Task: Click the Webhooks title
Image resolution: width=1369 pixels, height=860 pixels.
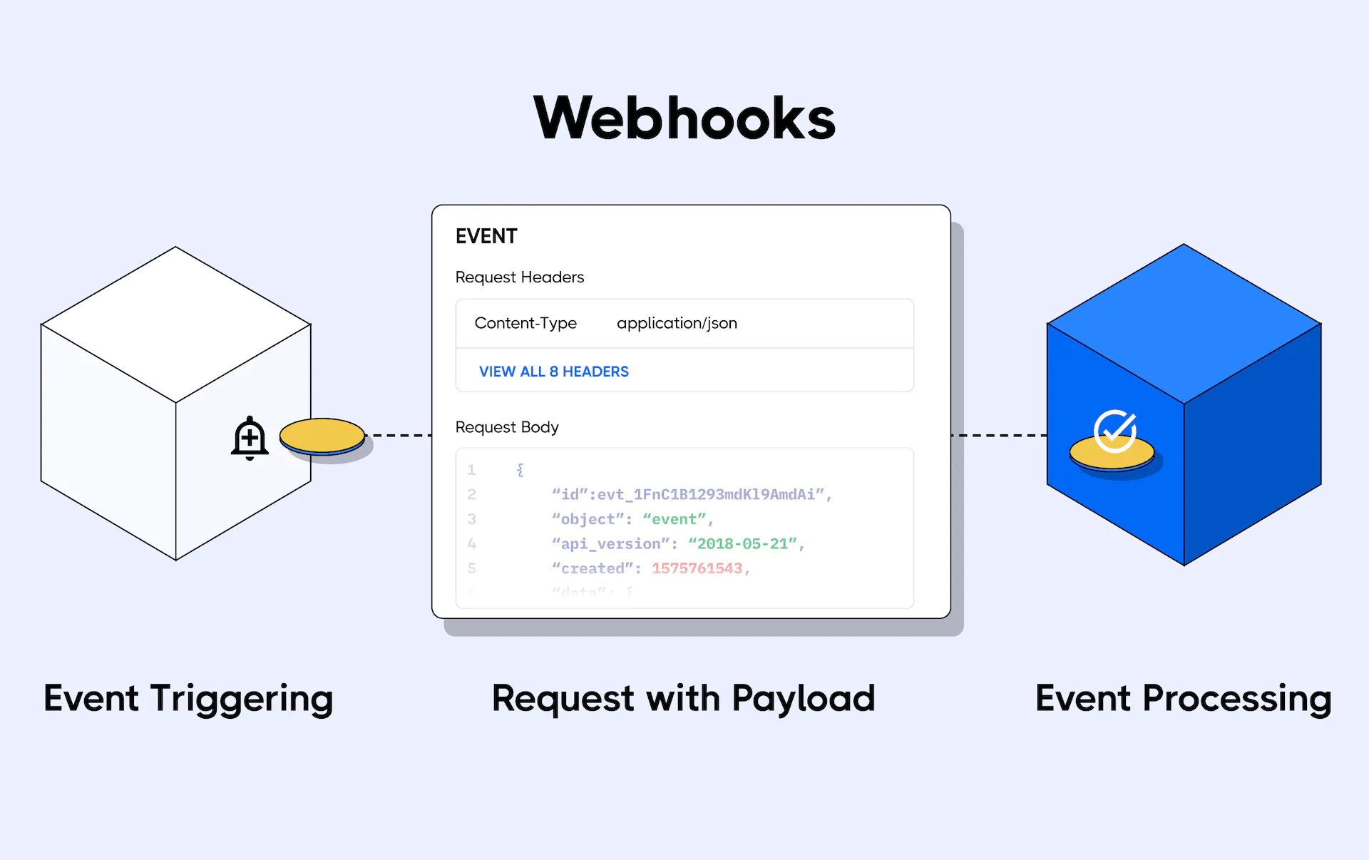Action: (x=684, y=118)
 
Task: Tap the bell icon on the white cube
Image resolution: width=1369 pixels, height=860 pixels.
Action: (x=250, y=438)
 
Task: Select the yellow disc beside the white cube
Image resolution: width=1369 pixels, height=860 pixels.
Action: (x=322, y=436)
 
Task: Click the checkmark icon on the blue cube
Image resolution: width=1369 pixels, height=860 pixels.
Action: (x=1115, y=431)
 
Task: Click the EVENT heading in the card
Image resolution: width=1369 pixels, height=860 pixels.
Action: (x=486, y=237)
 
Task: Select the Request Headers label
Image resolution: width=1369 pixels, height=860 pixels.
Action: (x=519, y=277)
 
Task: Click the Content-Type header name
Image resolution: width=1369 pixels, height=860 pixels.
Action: (x=525, y=324)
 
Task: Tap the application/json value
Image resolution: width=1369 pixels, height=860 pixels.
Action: (x=677, y=324)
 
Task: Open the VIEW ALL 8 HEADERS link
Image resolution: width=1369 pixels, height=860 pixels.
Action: (x=553, y=372)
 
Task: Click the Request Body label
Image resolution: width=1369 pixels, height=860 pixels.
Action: (x=507, y=427)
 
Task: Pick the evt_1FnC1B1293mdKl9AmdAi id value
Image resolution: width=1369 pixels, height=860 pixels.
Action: (x=706, y=495)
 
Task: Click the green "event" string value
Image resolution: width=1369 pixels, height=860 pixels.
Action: (x=674, y=520)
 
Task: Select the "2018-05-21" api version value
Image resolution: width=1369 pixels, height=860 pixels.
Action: (x=742, y=544)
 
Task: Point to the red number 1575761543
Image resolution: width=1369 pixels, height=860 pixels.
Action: (x=697, y=568)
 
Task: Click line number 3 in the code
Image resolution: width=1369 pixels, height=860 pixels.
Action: (x=471, y=520)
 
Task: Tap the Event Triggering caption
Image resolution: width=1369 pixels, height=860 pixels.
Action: (x=188, y=699)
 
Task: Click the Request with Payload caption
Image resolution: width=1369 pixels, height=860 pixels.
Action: (x=683, y=699)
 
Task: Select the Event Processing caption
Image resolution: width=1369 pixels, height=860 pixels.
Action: (x=1183, y=699)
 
